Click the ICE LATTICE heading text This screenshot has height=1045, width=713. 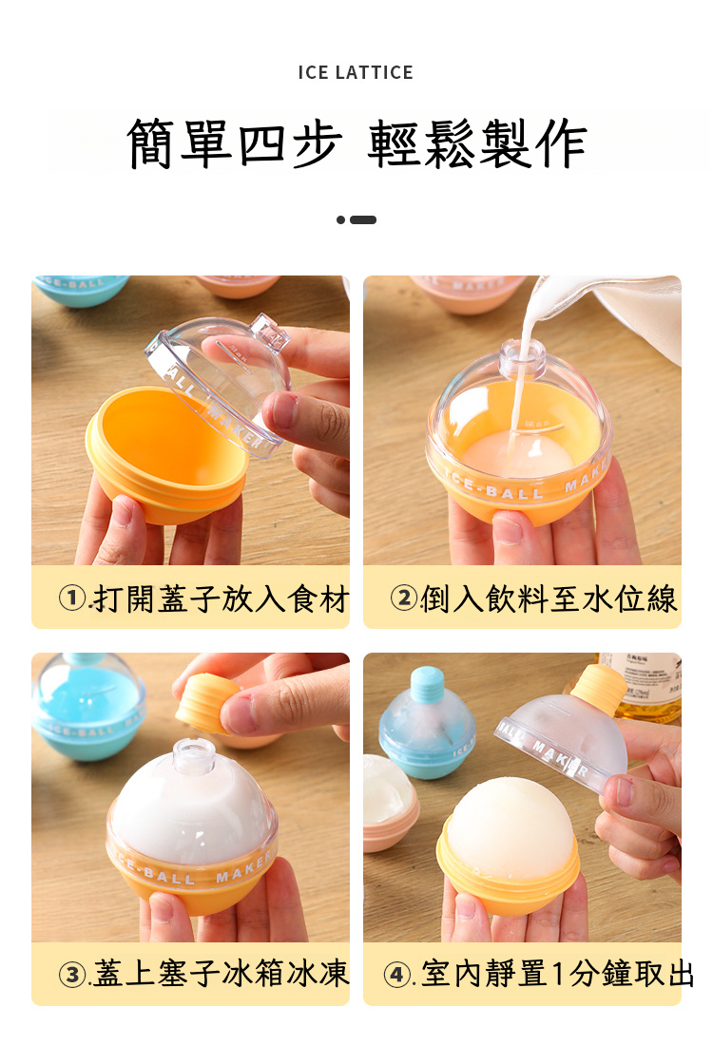point(356,72)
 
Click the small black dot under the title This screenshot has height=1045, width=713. point(341,220)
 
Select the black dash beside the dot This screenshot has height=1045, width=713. point(363,220)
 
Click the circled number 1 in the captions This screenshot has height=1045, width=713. point(72,598)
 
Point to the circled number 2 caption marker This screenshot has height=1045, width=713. point(403,598)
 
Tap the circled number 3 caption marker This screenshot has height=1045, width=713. point(72,975)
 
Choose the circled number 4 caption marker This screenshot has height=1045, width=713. point(397,975)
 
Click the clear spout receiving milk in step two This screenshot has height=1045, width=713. point(522,358)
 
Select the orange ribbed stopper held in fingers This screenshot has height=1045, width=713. point(207,704)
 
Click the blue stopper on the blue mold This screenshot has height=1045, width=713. point(427,684)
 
